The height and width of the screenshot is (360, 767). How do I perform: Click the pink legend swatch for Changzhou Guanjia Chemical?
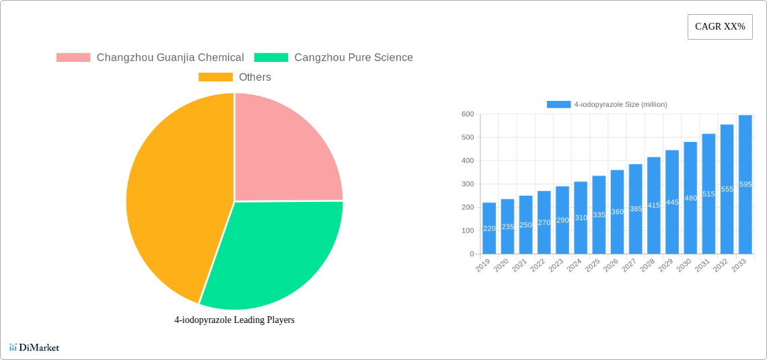(x=73, y=58)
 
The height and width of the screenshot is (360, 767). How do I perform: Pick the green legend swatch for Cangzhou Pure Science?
(x=271, y=58)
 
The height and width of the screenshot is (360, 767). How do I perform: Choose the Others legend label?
(x=254, y=77)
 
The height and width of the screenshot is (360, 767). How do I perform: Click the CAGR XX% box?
(x=720, y=27)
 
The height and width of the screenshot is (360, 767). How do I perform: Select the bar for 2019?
(x=489, y=228)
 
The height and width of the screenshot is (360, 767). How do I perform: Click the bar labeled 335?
(x=599, y=215)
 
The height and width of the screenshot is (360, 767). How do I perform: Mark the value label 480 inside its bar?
(x=690, y=198)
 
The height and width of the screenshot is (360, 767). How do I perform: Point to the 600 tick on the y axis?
(x=467, y=114)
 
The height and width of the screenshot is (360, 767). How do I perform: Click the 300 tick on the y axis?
(x=467, y=184)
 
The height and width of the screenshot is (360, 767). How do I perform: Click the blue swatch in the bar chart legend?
(x=558, y=104)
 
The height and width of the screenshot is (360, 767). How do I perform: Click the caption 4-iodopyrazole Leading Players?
(x=234, y=320)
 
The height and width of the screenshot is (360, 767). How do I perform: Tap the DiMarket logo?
(x=34, y=347)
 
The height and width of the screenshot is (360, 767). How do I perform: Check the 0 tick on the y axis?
(x=472, y=254)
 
